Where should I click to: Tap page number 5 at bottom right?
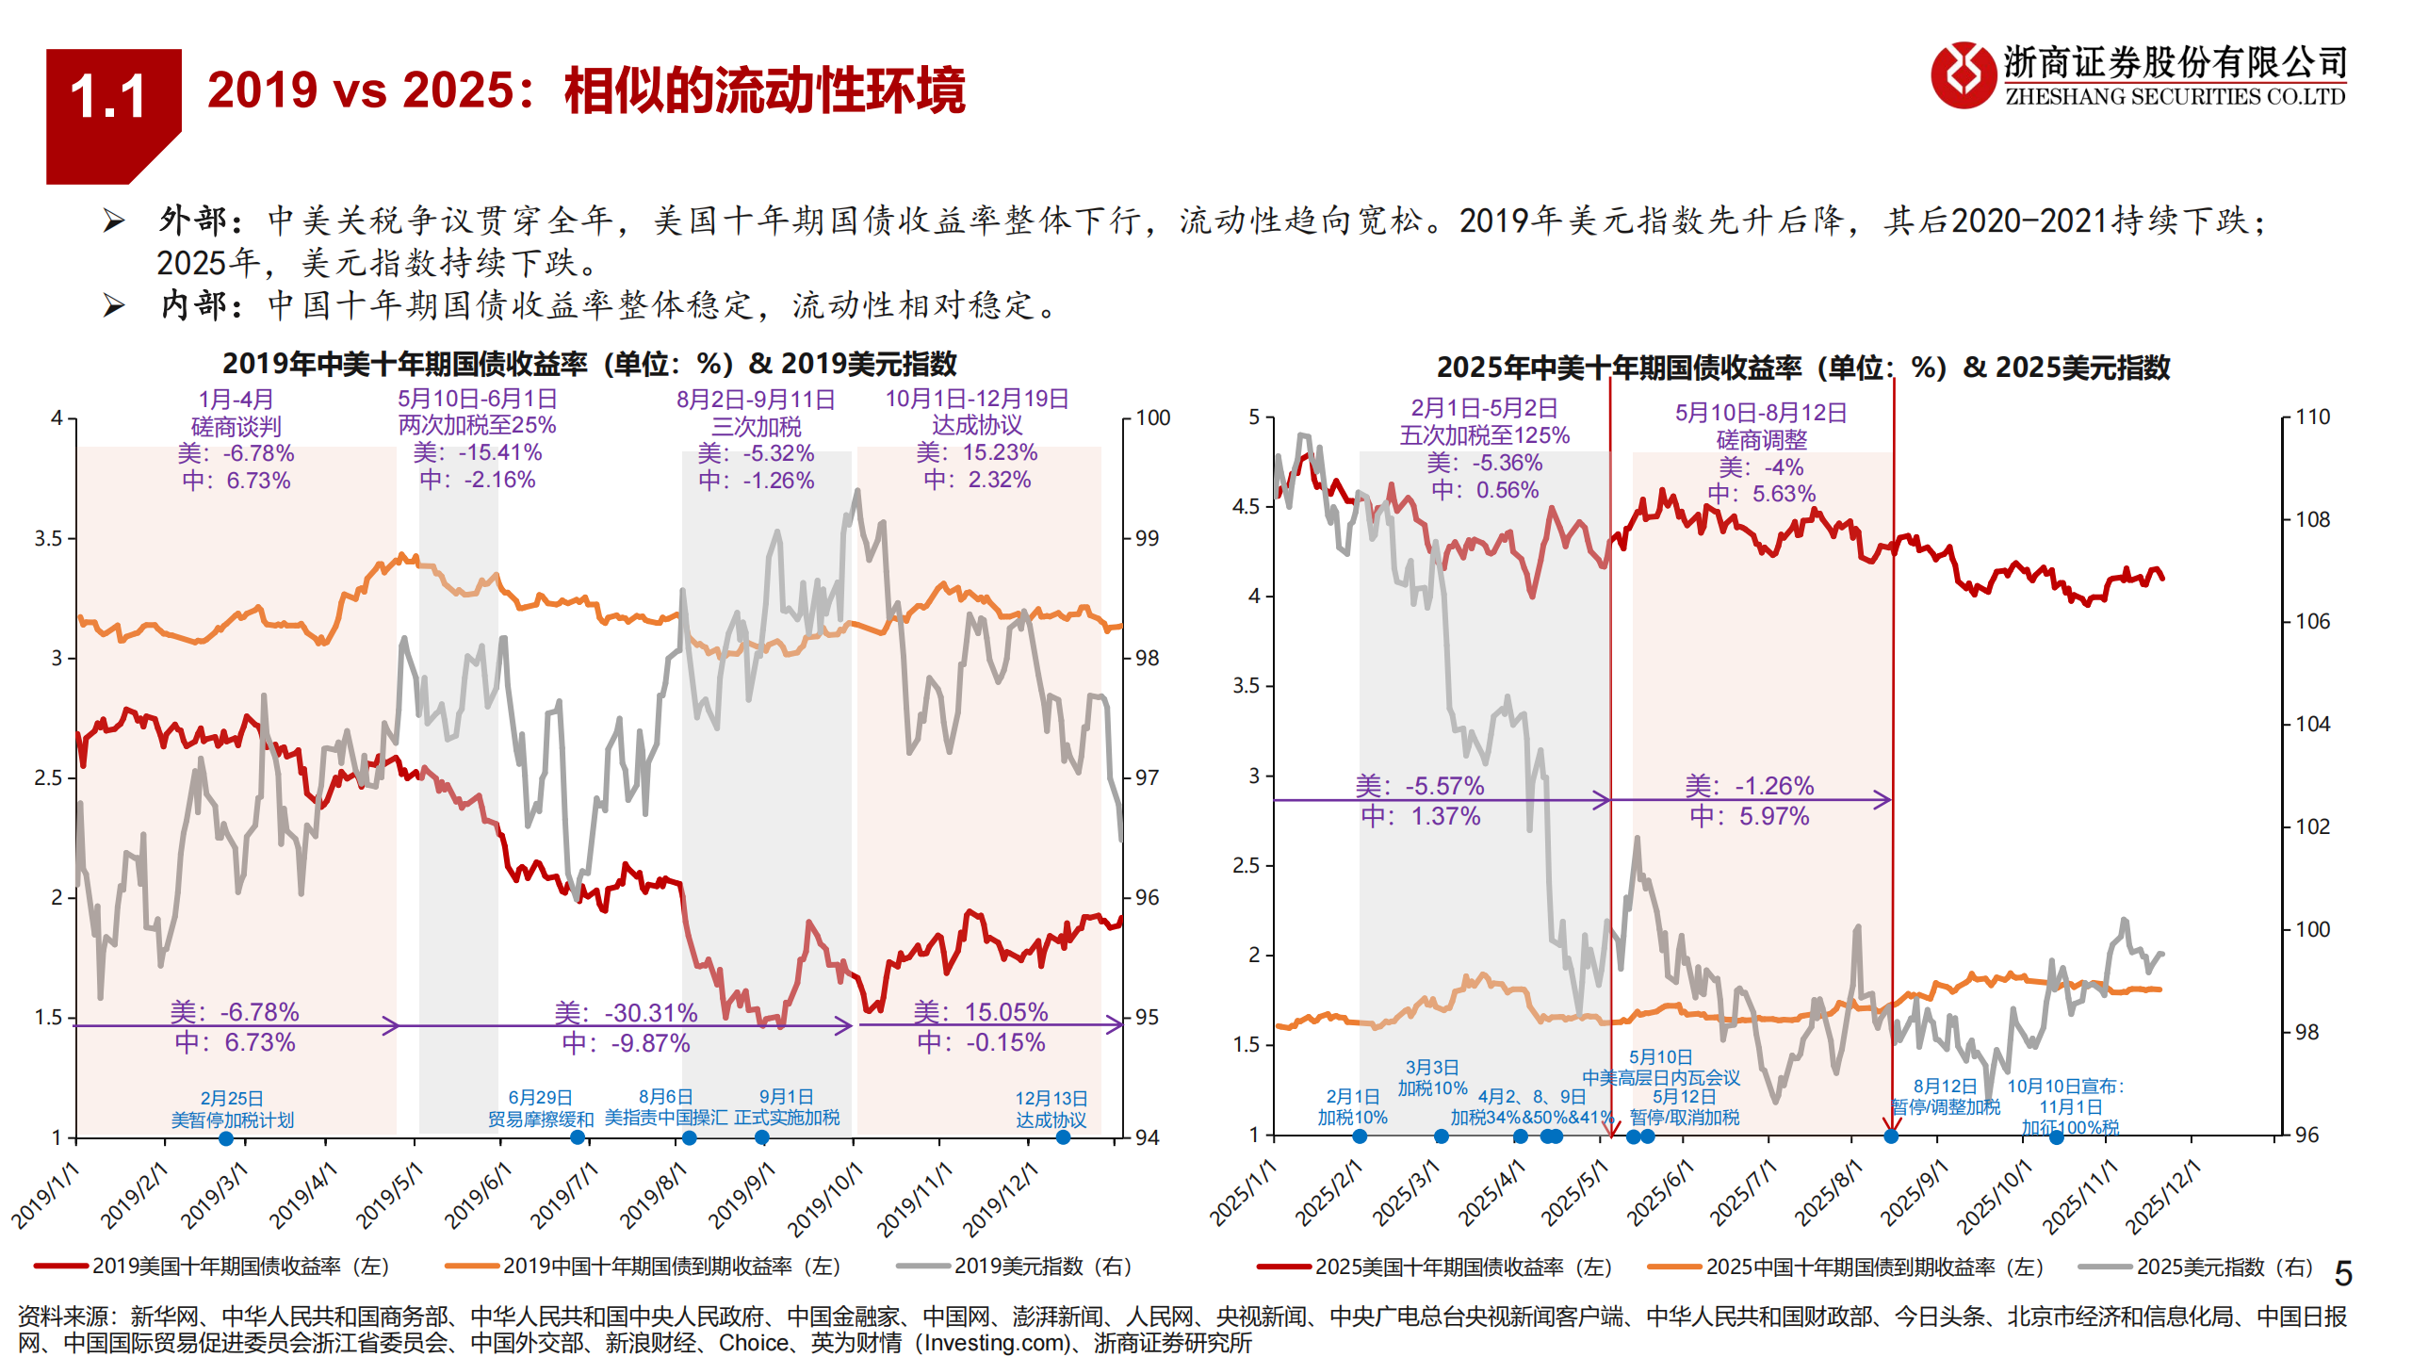pyautogui.click(x=2343, y=1274)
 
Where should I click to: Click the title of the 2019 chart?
pyautogui.click(x=589, y=364)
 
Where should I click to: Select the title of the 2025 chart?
pyautogui.click(x=1801, y=368)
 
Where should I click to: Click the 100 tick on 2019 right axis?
pyautogui.click(x=1152, y=417)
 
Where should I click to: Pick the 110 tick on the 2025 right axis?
pyautogui.click(x=2312, y=417)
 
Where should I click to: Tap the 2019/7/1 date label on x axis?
pyautogui.click(x=563, y=1195)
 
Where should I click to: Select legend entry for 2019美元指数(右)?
pyautogui.click(x=1041, y=1267)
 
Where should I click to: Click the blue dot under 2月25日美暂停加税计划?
pyautogui.click(x=226, y=1138)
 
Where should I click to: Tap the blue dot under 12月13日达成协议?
pyautogui.click(x=1063, y=1137)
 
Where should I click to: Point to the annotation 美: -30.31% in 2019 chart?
pyautogui.click(x=626, y=1013)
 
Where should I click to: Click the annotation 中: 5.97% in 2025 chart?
pyautogui.click(x=1749, y=816)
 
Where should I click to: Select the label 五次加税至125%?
pyautogui.click(x=1484, y=435)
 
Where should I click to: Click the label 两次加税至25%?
pyautogui.click(x=477, y=425)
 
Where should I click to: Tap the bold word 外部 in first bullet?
pyautogui.click(x=193, y=221)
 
